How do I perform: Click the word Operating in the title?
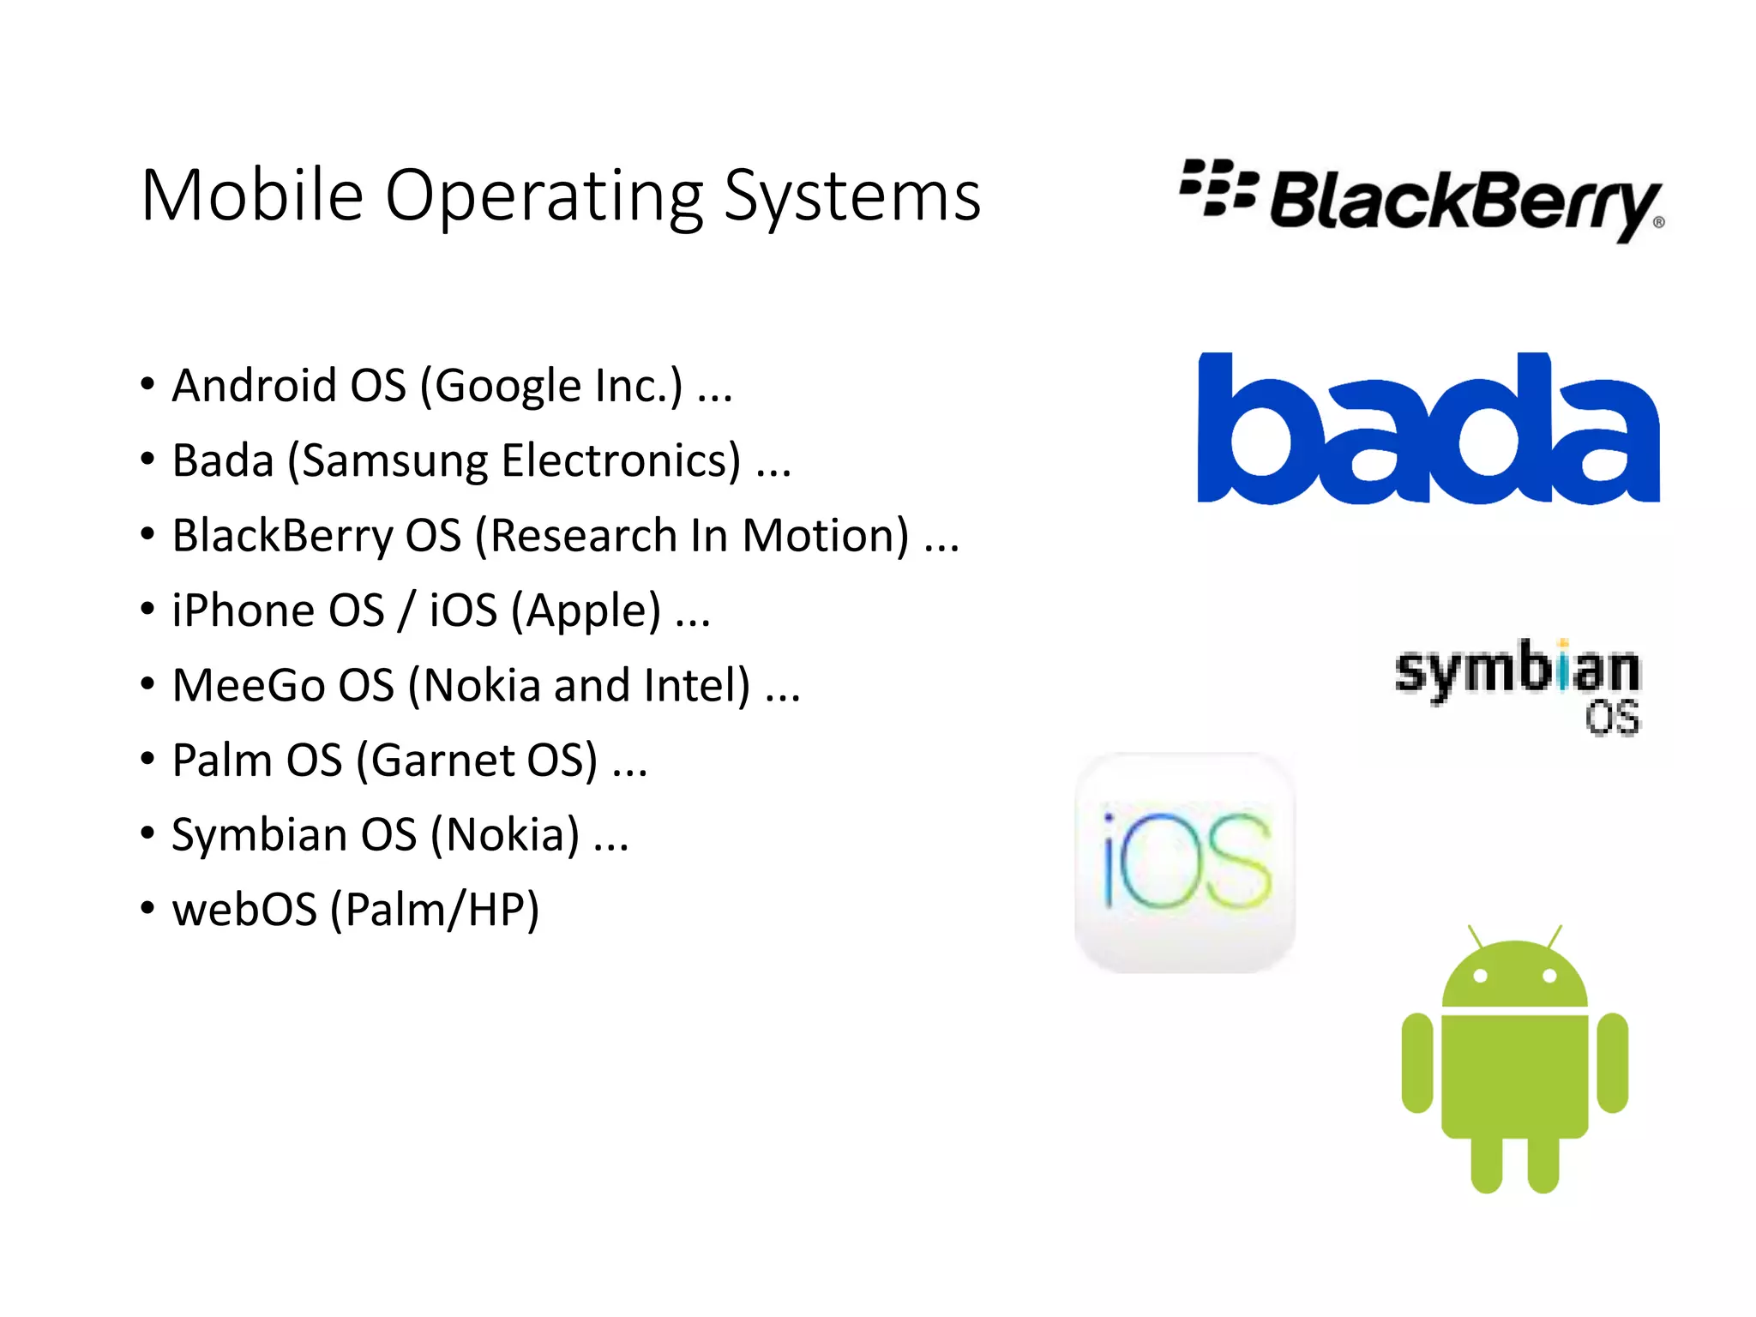click(x=544, y=197)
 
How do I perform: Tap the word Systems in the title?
click(x=852, y=197)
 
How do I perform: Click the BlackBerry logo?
click(x=1422, y=199)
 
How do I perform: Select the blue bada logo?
click(x=1428, y=428)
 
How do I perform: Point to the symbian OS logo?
click(x=1518, y=687)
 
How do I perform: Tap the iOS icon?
click(x=1185, y=862)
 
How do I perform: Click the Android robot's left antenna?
click(x=1475, y=935)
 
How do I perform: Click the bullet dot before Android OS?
click(x=147, y=384)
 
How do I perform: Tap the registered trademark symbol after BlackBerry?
click(x=1658, y=222)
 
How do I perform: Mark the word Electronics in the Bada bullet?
click(x=621, y=461)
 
